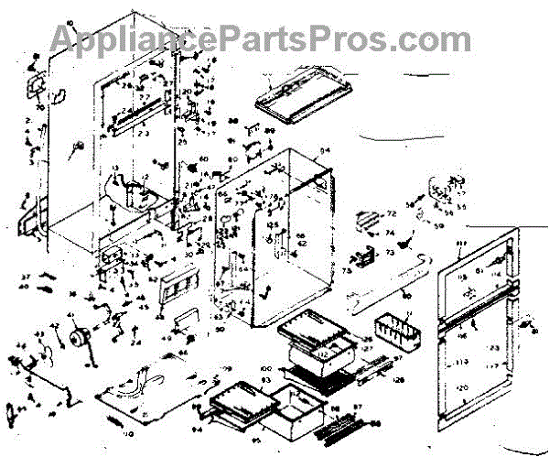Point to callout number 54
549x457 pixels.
pos(323,149)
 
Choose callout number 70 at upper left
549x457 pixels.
pos(40,107)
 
